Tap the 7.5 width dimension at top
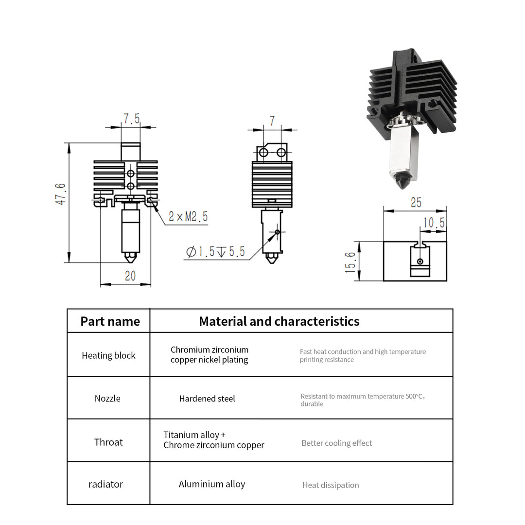pyautogui.click(x=131, y=119)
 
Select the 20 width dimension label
pyautogui.click(x=130, y=276)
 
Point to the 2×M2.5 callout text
pyautogui.click(x=188, y=217)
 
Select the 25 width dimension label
pyautogui.click(x=416, y=202)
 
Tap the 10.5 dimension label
pyautogui.click(x=434, y=223)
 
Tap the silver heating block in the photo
pyautogui.click(x=402, y=153)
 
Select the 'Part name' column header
pyautogui.click(x=110, y=321)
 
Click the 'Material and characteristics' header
pyautogui.click(x=279, y=321)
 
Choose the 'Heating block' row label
pyautogui.click(x=108, y=355)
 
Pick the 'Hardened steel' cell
pyautogui.click(x=207, y=399)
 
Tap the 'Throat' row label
pyautogui.click(x=108, y=442)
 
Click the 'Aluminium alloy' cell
pyautogui.click(x=212, y=484)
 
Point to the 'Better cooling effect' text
pyautogui.click(x=336, y=443)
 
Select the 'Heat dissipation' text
pyautogui.click(x=331, y=485)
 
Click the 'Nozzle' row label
pyautogui.click(x=107, y=399)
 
